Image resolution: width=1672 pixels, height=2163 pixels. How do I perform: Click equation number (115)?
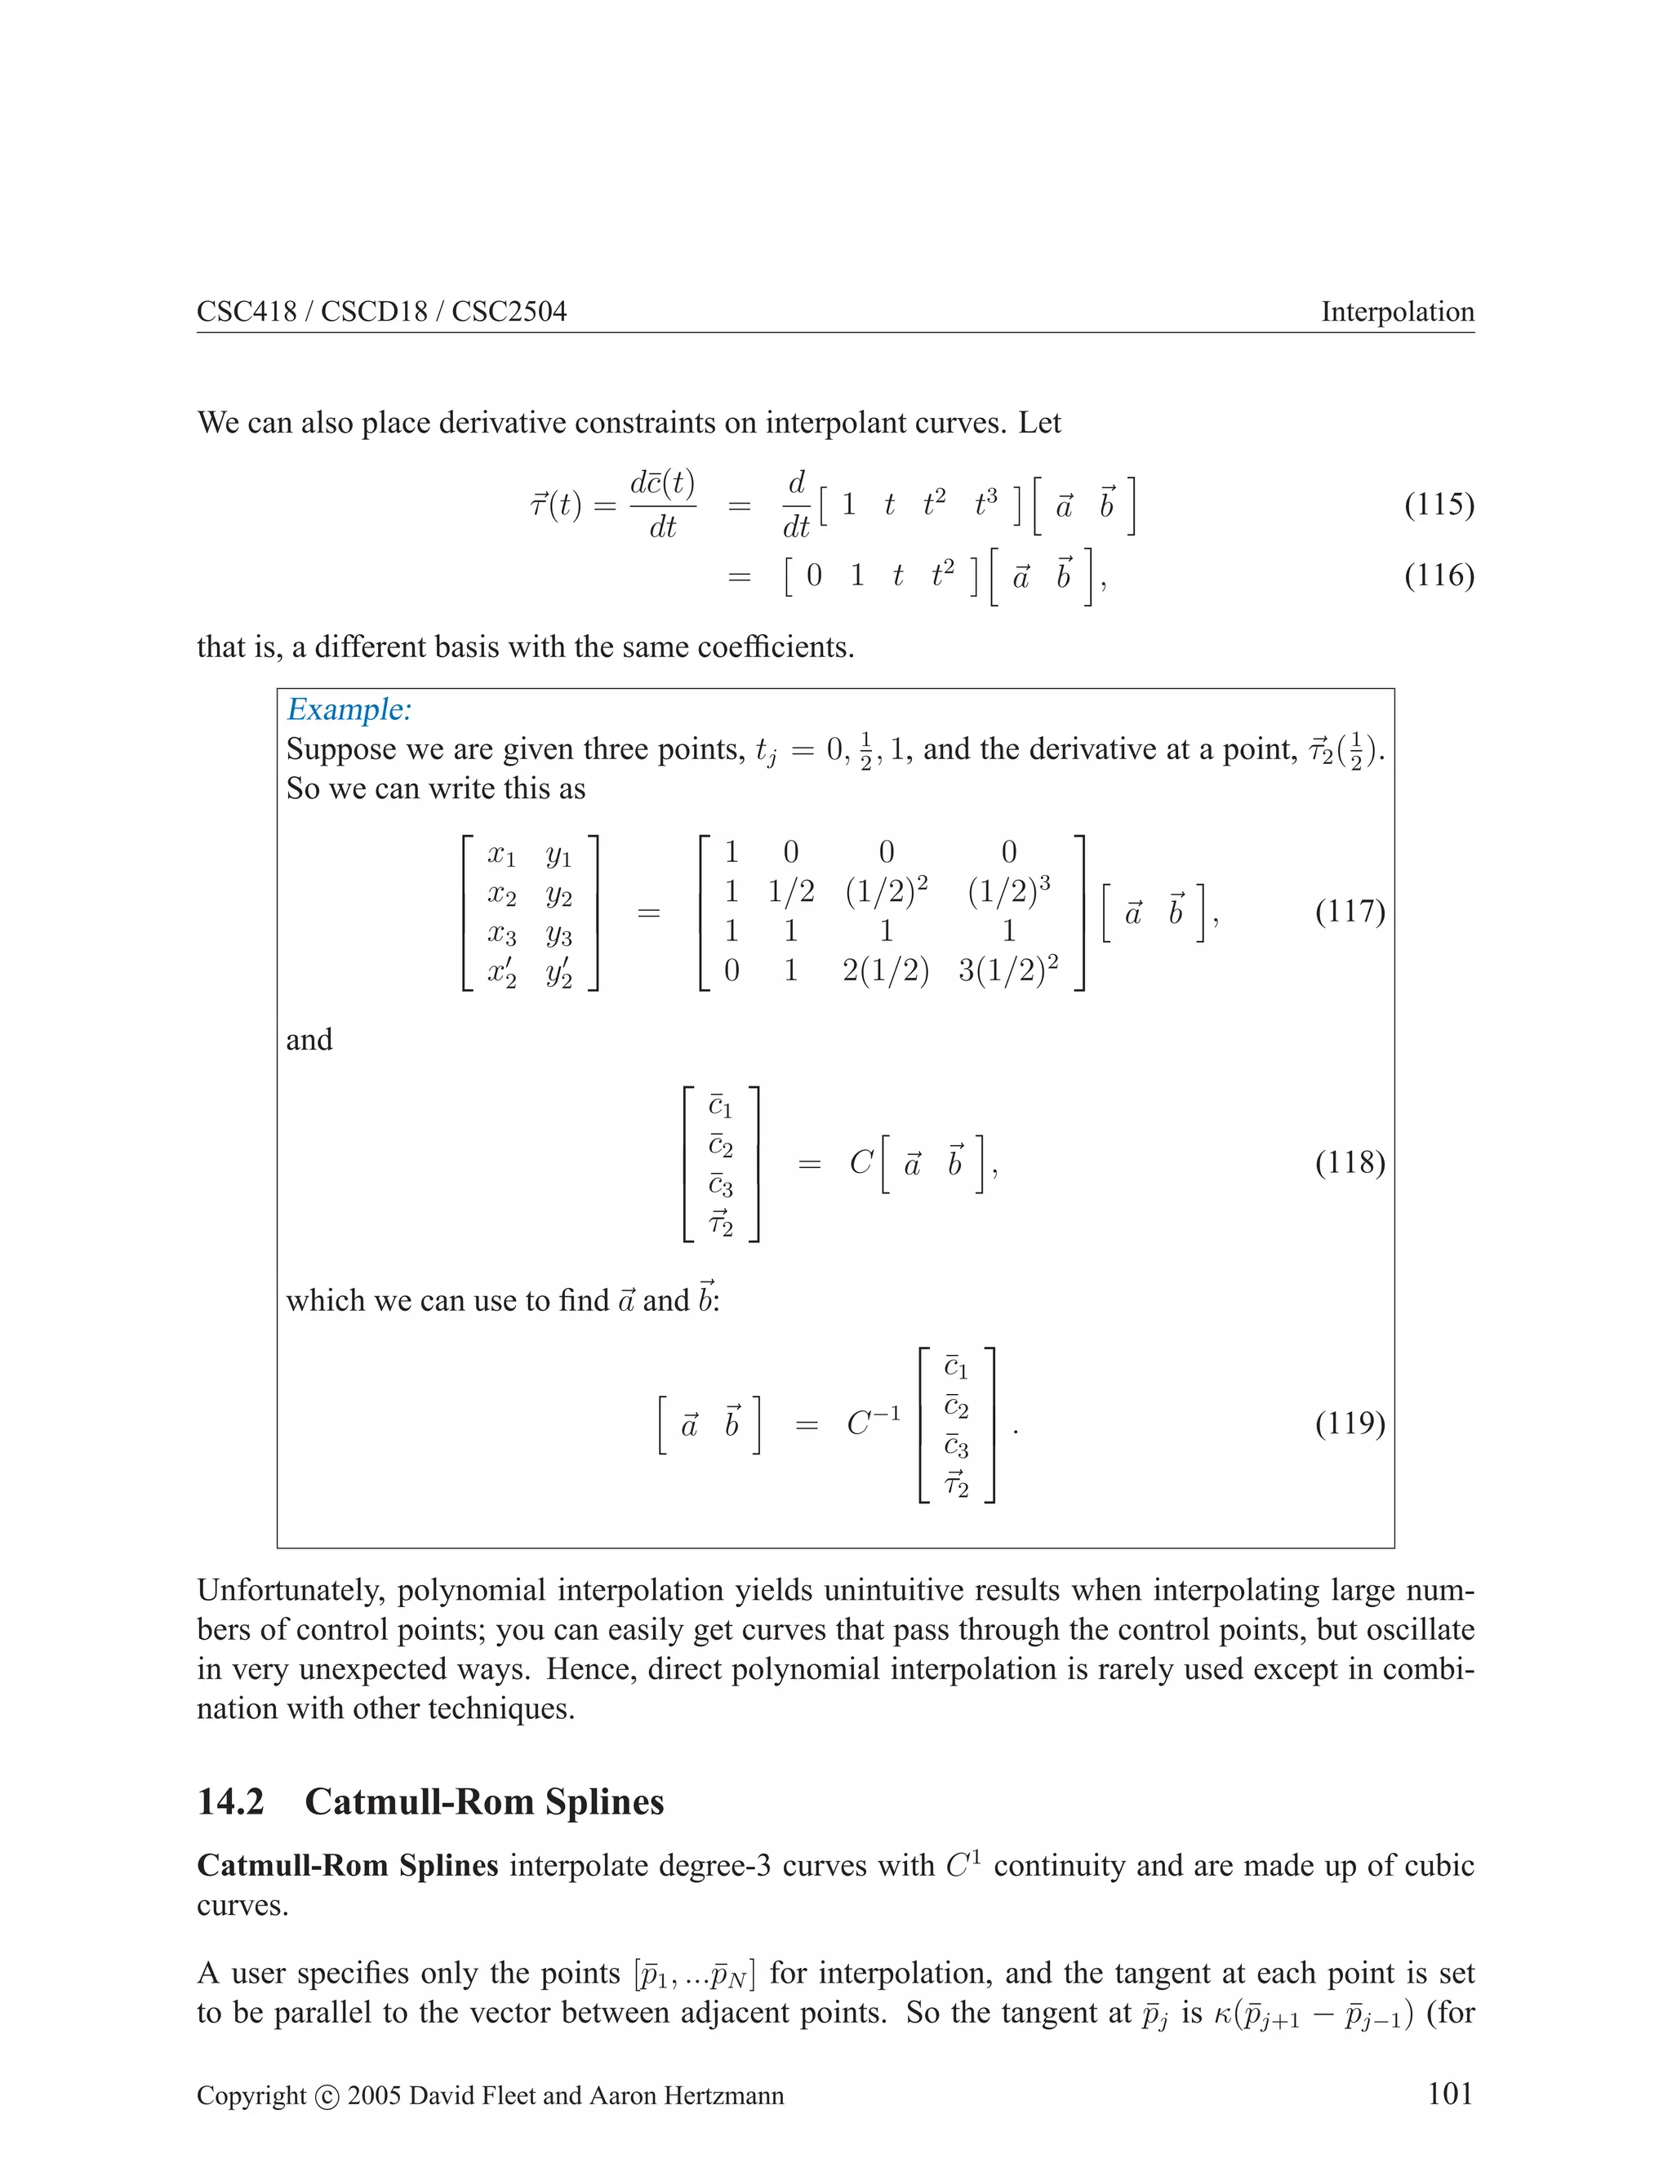point(1439,505)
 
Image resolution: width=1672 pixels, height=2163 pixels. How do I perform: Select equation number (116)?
point(1439,575)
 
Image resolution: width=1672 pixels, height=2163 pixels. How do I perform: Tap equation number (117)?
point(1349,911)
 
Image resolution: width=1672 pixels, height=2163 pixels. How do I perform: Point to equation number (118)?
point(1349,1161)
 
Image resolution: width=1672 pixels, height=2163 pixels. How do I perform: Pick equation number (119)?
point(1349,1423)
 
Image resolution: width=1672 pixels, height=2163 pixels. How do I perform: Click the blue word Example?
point(349,710)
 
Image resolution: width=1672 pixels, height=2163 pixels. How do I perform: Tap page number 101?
point(1450,2094)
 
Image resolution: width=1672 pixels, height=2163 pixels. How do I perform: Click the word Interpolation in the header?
point(1397,312)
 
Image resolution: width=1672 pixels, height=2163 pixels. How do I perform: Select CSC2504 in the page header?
point(509,312)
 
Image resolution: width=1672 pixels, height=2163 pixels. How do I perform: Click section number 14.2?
point(231,1801)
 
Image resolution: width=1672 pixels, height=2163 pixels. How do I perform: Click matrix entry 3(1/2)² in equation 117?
point(1007,970)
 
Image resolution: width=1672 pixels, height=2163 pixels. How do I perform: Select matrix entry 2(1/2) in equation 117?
point(886,970)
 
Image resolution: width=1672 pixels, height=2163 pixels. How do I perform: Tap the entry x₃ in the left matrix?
point(501,933)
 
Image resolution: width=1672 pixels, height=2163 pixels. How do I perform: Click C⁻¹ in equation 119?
point(873,1423)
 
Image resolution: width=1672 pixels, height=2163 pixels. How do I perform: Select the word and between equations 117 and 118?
point(309,1040)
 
